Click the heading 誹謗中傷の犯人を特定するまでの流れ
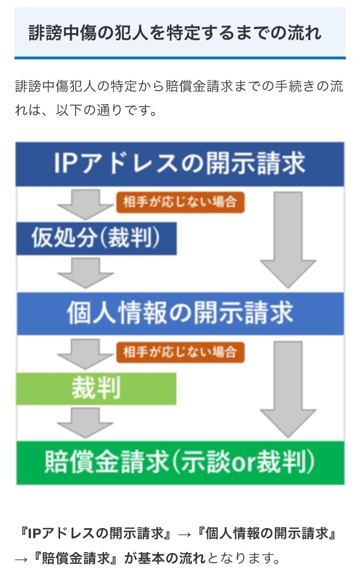[174, 33]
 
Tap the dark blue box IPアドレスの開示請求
[180, 164]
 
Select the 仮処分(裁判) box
[96, 238]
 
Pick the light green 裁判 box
[96, 388]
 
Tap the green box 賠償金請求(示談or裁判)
[180, 463]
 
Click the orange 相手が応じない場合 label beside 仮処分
[180, 202]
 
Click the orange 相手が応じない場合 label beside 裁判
[180, 352]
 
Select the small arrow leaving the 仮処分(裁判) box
[86, 273]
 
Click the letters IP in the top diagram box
[69, 164]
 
